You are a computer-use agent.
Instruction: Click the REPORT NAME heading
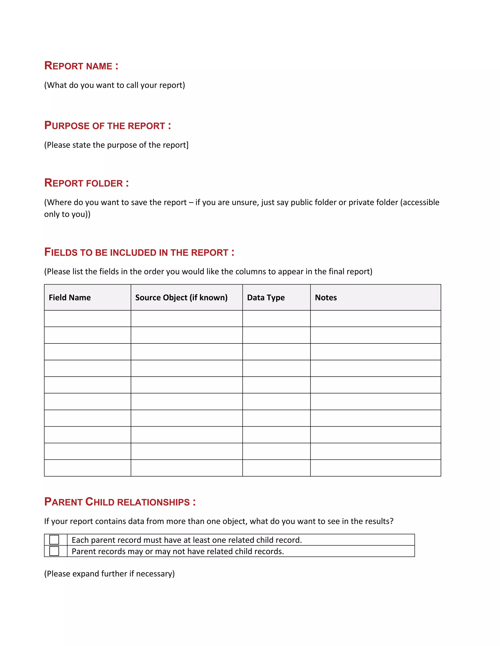(81, 66)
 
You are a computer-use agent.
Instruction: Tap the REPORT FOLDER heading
(86, 183)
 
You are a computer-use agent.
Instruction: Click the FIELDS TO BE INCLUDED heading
(139, 252)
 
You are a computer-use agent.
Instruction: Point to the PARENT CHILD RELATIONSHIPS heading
(120, 502)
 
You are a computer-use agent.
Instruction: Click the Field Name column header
(70, 298)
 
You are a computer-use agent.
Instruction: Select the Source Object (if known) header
(181, 298)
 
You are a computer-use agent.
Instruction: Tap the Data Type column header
(266, 298)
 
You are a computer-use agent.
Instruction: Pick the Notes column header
(326, 298)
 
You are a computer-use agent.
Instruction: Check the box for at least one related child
(54, 539)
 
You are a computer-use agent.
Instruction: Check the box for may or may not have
(54, 551)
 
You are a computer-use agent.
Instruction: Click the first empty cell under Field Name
(87, 319)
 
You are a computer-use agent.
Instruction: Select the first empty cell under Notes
(375, 319)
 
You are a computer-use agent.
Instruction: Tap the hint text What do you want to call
(114, 85)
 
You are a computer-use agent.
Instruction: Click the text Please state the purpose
(116, 145)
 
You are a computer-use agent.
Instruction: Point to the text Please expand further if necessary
(109, 574)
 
